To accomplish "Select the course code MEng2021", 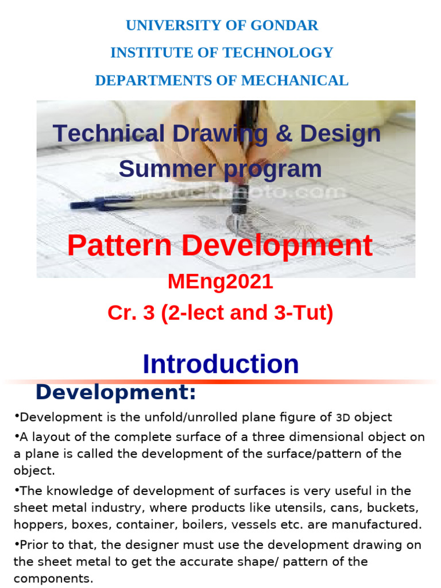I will coord(220,282).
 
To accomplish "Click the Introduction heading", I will coord(220,364).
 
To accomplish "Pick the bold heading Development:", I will coord(115,393).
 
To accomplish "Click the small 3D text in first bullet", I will coord(343,417).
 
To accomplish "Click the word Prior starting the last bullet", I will coord(33,545).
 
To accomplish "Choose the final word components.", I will coord(52,578).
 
